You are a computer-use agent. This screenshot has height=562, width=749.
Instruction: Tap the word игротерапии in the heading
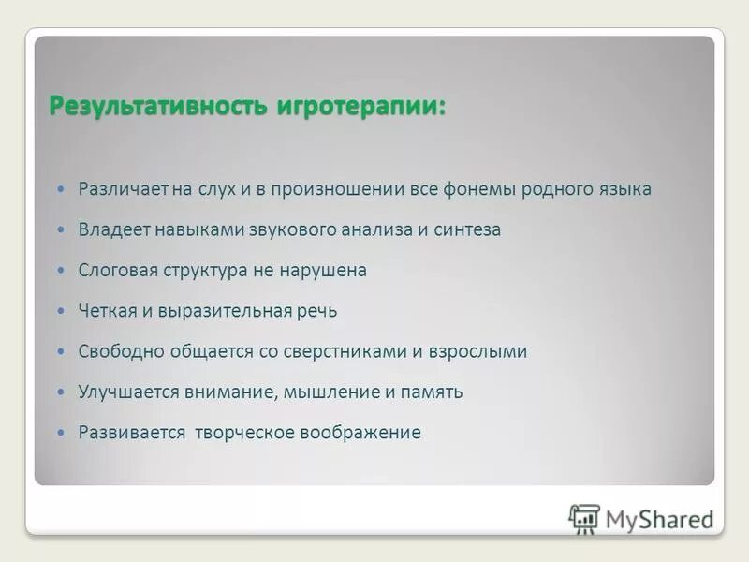[x=360, y=105]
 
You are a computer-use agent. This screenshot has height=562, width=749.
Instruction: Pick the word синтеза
[x=467, y=229]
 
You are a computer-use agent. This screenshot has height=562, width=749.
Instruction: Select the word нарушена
[x=325, y=271]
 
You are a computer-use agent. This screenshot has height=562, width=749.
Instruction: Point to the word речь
[x=316, y=311]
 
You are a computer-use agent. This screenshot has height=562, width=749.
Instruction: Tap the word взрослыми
[x=478, y=352]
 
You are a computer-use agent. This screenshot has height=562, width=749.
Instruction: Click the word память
[x=433, y=392]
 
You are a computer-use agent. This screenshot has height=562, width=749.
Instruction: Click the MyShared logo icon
[x=584, y=518]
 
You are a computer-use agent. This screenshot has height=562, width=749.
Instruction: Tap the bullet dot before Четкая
[x=62, y=311]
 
